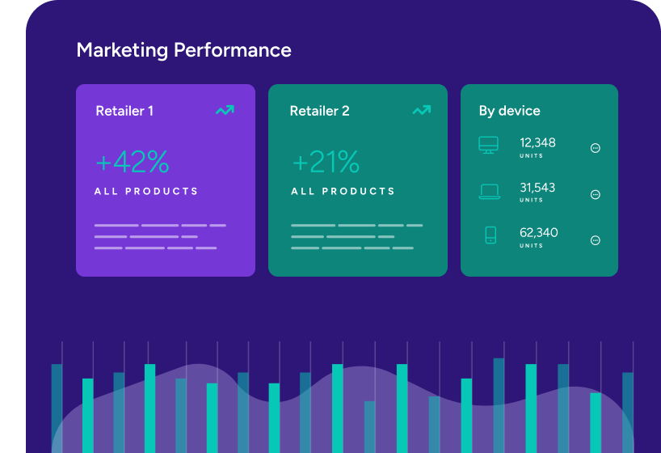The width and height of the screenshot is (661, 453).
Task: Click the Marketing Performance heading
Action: (183, 50)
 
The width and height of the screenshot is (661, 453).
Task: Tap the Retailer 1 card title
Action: (124, 111)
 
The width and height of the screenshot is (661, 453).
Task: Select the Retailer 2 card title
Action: (319, 111)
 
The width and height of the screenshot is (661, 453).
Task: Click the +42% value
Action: (132, 163)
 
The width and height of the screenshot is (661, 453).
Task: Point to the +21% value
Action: (325, 163)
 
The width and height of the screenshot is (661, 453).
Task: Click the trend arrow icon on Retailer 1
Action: (225, 110)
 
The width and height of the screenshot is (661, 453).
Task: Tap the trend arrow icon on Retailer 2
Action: (421, 110)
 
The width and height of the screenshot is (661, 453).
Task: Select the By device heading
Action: (509, 111)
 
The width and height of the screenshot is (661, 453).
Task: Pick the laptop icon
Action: (490, 192)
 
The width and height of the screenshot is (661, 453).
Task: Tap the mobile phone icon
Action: (490, 235)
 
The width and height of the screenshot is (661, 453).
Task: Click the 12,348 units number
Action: (537, 143)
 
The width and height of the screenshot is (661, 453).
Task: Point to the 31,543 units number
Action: (537, 188)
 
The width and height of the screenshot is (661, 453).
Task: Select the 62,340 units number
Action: (538, 233)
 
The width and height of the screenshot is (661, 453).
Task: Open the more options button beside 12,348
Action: (596, 148)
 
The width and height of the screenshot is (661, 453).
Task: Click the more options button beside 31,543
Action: (596, 194)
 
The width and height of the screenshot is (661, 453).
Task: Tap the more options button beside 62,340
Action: (596, 240)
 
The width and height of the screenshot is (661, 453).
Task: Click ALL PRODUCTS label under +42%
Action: (146, 192)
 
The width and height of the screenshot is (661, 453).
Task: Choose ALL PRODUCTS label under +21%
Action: (343, 192)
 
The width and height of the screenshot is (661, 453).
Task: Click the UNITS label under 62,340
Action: (532, 246)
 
